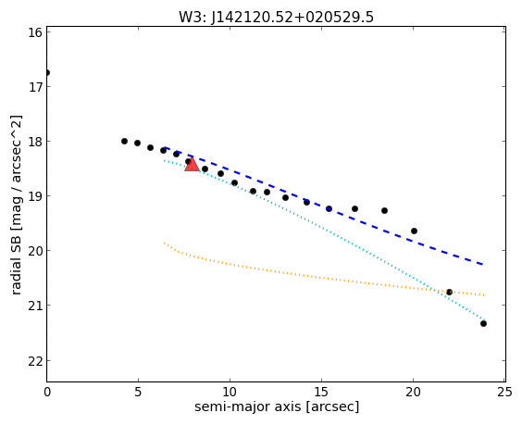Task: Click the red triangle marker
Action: pos(193,165)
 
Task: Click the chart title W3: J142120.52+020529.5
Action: pos(276,18)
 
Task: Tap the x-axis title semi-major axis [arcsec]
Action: pos(277,407)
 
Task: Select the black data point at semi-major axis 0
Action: pos(47,72)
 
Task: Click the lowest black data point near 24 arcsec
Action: pos(483,323)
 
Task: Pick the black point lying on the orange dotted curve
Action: pos(449,292)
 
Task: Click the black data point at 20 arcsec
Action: pos(414,231)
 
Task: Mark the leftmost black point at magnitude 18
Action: pos(125,142)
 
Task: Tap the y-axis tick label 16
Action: pos(34,32)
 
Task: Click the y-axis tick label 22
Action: pos(34,361)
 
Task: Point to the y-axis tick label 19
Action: pos(34,196)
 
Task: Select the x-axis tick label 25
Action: pos(504,392)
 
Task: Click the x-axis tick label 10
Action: pos(230,392)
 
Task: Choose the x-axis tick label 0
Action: pos(47,392)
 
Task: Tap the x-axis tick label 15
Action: pos(321,392)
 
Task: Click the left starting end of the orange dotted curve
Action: pos(164,243)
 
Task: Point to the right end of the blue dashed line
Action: pos(483,265)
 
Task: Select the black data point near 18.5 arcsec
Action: pos(384,210)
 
